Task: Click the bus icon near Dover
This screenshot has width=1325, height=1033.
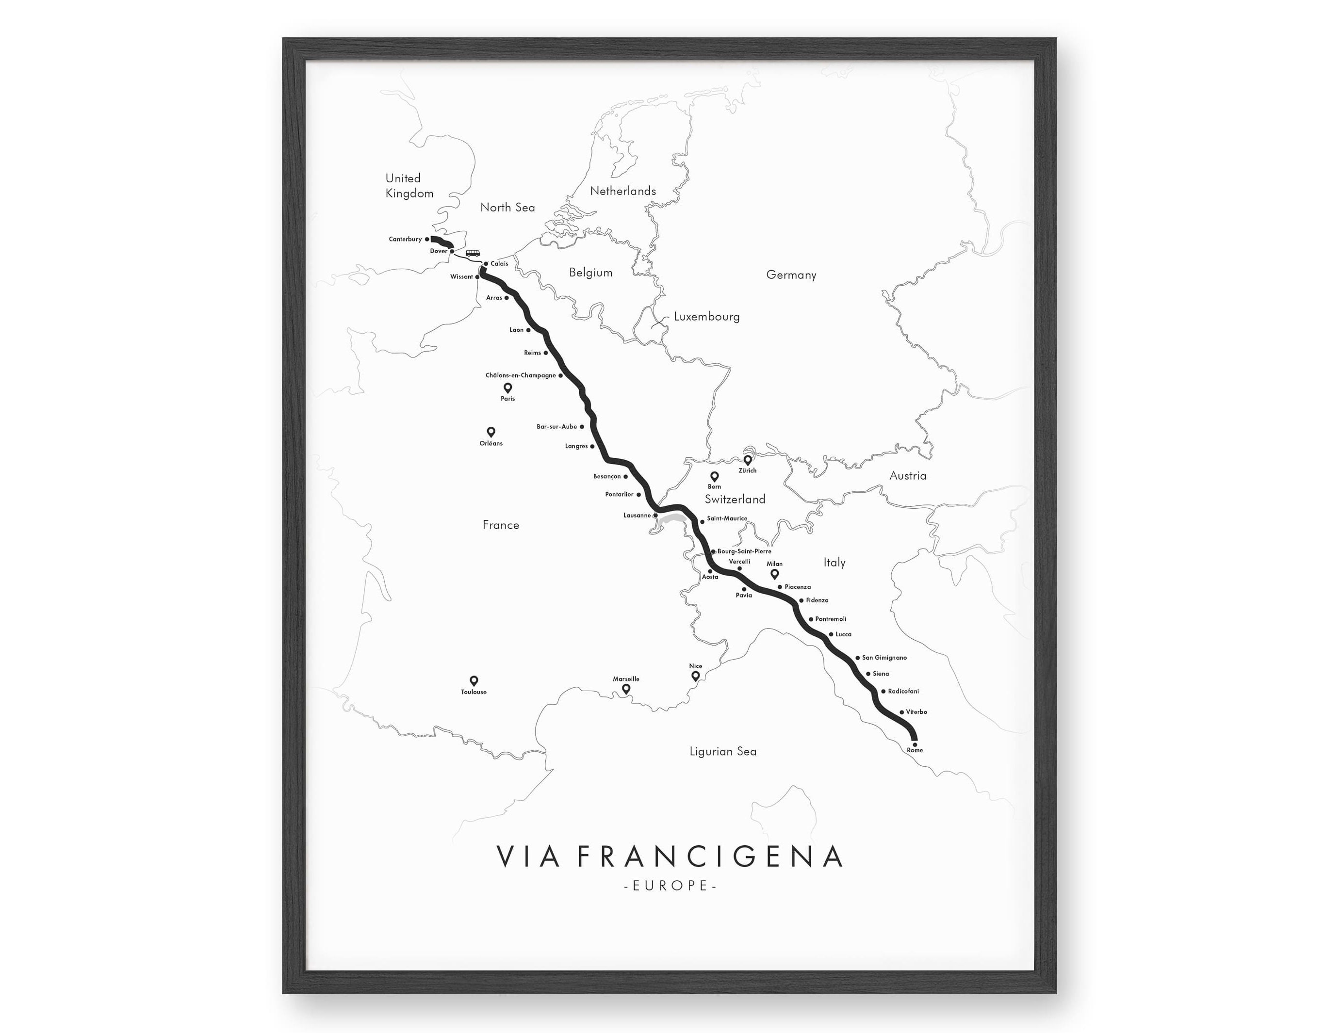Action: pos(473,254)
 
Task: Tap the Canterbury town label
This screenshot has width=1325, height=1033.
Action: pos(405,239)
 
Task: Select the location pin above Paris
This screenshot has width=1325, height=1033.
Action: pos(508,387)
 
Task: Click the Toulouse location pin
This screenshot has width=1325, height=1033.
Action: pos(474,680)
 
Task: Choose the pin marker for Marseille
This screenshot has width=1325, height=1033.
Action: pos(626,689)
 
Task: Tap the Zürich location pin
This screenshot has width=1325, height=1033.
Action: pos(748,460)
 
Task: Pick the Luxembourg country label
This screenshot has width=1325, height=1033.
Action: pos(707,317)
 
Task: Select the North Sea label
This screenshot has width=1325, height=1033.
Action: pos(508,208)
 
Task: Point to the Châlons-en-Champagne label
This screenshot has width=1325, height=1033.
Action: pos(521,375)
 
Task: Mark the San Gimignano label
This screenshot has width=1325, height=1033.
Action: pos(884,658)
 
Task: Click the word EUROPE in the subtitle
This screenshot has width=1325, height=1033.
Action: pos(671,886)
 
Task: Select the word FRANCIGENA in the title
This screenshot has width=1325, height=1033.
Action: pos(709,856)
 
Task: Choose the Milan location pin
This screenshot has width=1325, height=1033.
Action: pos(775,573)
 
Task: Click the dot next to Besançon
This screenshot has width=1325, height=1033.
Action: pos(625,477)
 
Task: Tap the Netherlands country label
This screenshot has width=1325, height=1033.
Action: pos(623,191)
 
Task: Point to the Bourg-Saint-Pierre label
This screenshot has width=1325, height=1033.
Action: pos(744,551)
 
